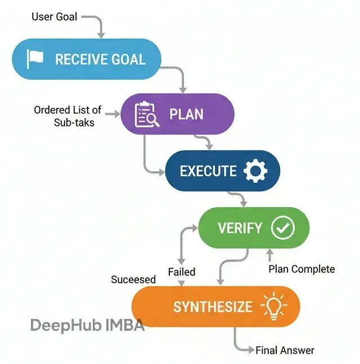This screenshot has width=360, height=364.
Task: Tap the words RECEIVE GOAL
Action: [x=100, y=60]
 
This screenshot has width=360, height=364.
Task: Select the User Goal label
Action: [x=55, y=16]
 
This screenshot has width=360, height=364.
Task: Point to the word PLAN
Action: [x=186, y=115]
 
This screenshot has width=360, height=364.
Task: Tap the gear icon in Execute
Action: [x=255, y=170]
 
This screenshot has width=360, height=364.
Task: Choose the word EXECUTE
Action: [x=208, y=171]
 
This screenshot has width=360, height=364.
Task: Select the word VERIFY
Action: [x=240, y=228]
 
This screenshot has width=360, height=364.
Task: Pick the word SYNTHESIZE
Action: [x=213, y=307]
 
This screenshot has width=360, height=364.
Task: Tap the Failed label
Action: [x=182, y=272]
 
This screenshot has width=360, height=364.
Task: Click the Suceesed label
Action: [x=133, y=280]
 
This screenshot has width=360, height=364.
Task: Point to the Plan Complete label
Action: [x=301, y=269]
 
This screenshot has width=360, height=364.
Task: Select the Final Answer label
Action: [x=285, y=350]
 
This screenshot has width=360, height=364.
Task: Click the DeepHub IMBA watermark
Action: [x=87, y=325]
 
